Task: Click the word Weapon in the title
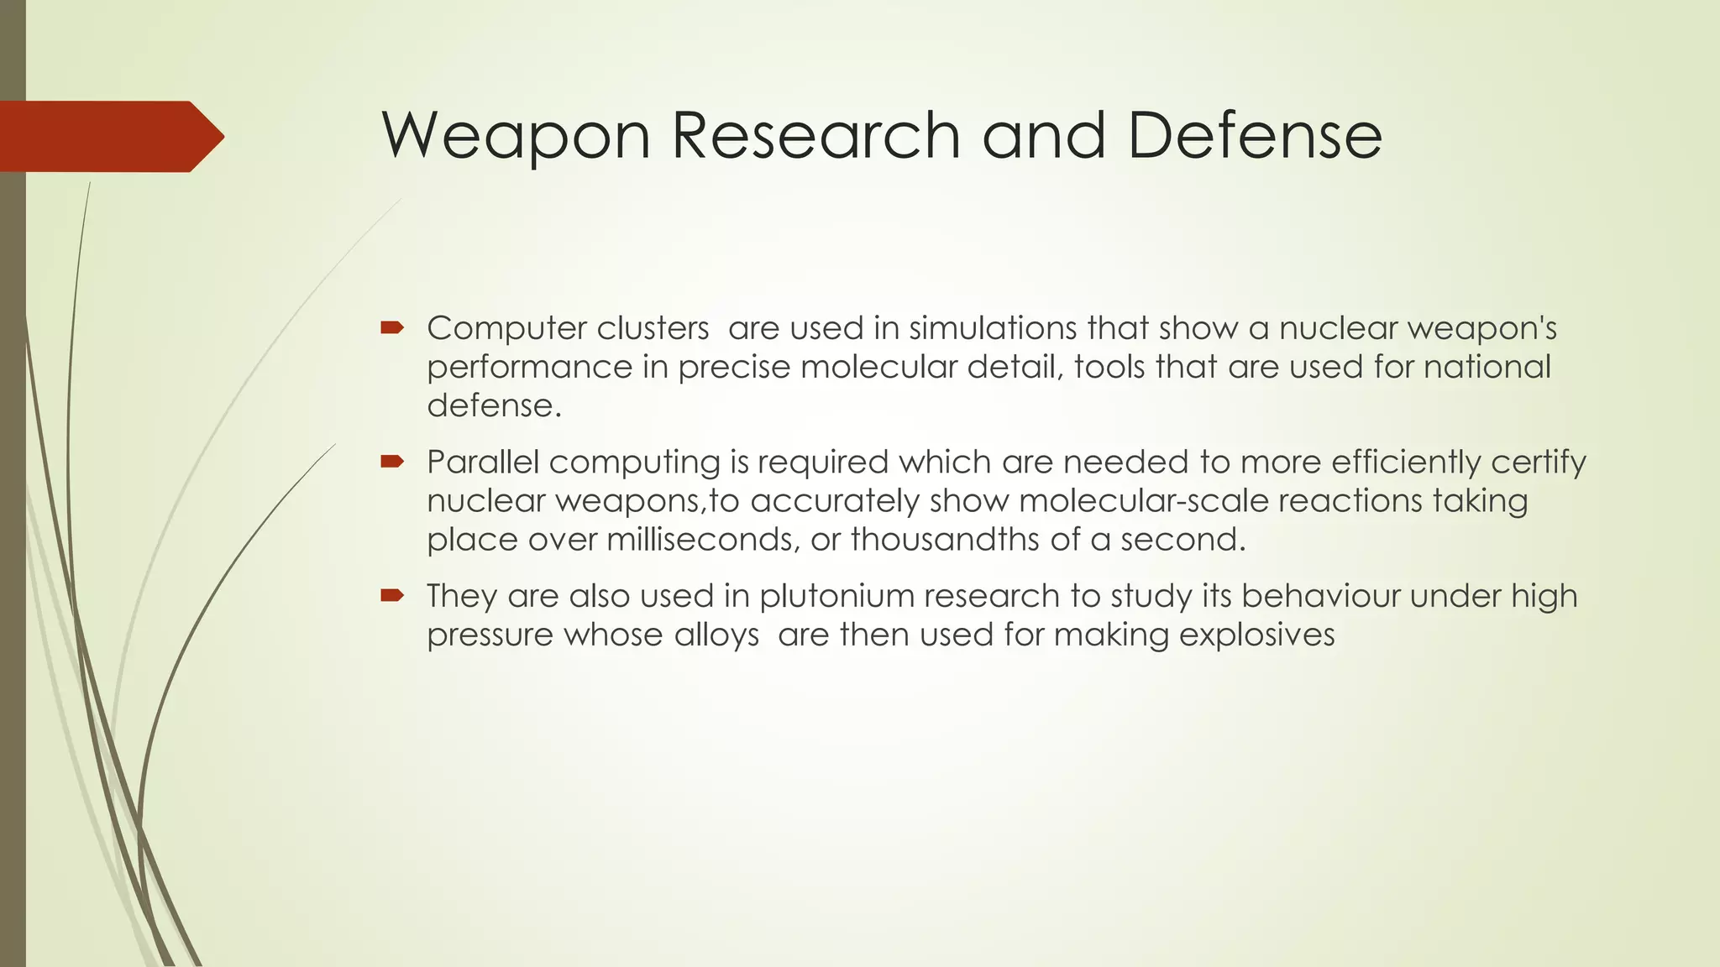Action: click(516, 136)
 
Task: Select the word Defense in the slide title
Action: click(1254, 136)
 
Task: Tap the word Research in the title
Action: click(816, 136)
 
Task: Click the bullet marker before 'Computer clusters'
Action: click(392, 327)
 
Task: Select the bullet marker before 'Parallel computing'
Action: click(392, 461)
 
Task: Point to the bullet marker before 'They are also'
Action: click(392, 595)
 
